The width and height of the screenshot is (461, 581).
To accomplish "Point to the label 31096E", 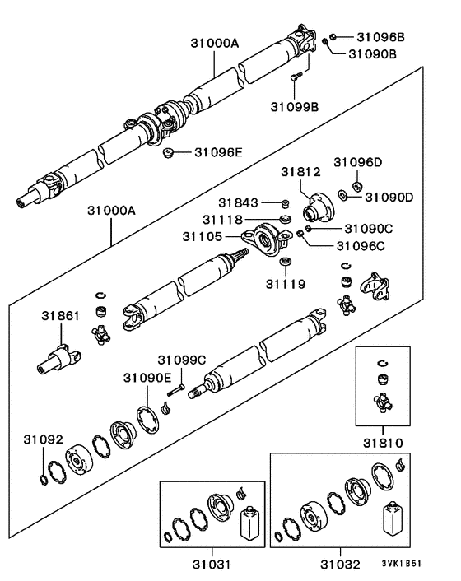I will (219, 151).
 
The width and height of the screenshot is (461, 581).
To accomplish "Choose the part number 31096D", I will (358, 162).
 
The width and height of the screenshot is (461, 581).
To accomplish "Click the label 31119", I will (285, 284).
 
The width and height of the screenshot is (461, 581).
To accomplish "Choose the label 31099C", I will (182, 360).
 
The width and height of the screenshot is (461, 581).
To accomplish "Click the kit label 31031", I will (212, 565).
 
